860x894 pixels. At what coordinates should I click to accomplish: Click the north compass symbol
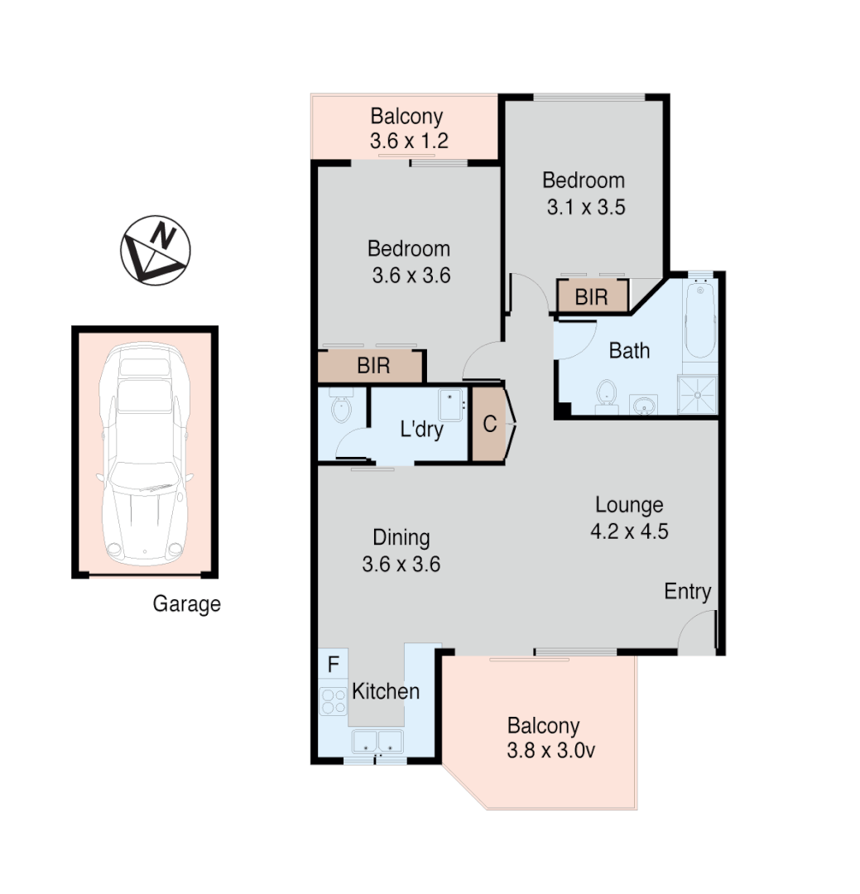click(x=156, y=251)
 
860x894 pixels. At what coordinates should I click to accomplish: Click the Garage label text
click(x=186, y=604)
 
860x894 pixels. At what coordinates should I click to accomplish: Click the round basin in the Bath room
click(x=643, y=405)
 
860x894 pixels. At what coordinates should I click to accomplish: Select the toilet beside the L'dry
click(x=340, y=406)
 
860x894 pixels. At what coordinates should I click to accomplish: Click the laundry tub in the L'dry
click(x=452, y=405)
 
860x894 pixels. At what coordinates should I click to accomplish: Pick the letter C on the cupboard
click(x=490, y=425)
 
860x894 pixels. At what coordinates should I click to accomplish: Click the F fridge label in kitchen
click(x=334, y=664)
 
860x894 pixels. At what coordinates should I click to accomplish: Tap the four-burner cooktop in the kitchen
click(x=334, y=702)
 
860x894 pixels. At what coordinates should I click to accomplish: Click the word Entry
click(x=688, y=592)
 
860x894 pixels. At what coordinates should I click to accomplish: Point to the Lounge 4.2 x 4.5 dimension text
click(x=629, y=531)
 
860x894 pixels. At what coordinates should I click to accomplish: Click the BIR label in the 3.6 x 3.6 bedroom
click(x=373, y=366)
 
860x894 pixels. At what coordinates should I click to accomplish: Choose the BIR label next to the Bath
click(x=591, y=297)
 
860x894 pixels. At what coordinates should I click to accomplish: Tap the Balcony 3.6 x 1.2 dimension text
click(x=409, y=141)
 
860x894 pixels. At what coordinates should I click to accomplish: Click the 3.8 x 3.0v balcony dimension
click(x=550, y=752)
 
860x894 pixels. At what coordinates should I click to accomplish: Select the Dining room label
click(x=401, y=537)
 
